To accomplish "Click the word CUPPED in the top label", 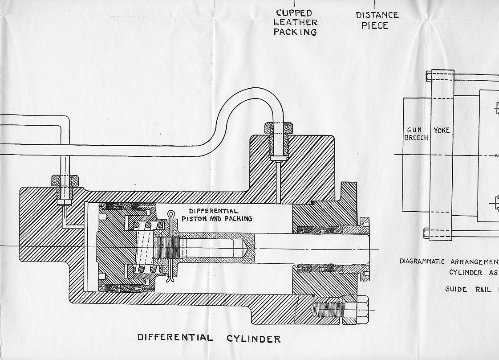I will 294,13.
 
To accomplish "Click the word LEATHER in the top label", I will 296,22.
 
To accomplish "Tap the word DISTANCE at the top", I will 377,15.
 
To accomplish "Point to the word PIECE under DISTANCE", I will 375,25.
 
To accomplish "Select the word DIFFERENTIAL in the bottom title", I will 175,338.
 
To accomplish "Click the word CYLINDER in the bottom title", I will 254,339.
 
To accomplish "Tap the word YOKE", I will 442,131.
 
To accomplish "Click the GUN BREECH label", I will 416,134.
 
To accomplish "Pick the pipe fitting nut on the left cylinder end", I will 65,180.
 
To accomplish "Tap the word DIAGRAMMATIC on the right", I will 425,262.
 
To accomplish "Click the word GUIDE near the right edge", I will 456,289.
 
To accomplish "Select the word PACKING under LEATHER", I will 295,32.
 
